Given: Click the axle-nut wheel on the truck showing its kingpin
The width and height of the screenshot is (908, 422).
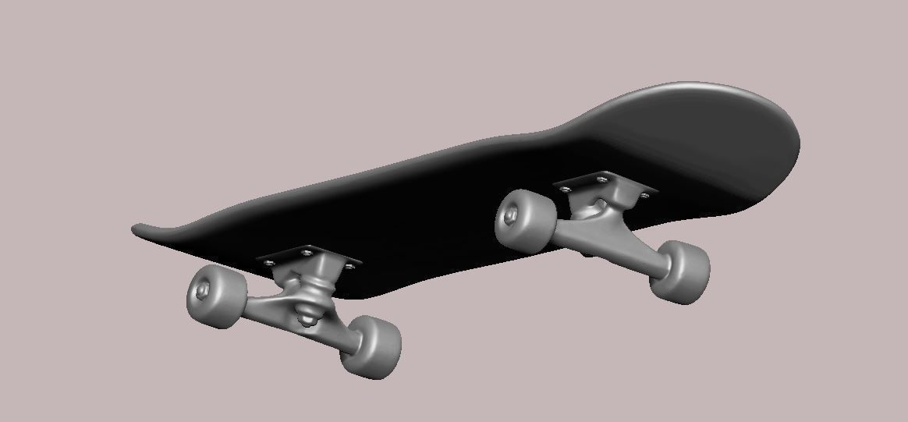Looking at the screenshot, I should [x=212, y=296].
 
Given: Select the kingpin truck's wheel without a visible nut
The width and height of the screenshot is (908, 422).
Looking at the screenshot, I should [x=371, y=346].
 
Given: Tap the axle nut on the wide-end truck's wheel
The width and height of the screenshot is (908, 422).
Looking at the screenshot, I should [x=513, y=213].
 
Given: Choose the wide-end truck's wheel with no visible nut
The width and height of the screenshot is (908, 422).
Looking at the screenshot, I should [x=679, y=271].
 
